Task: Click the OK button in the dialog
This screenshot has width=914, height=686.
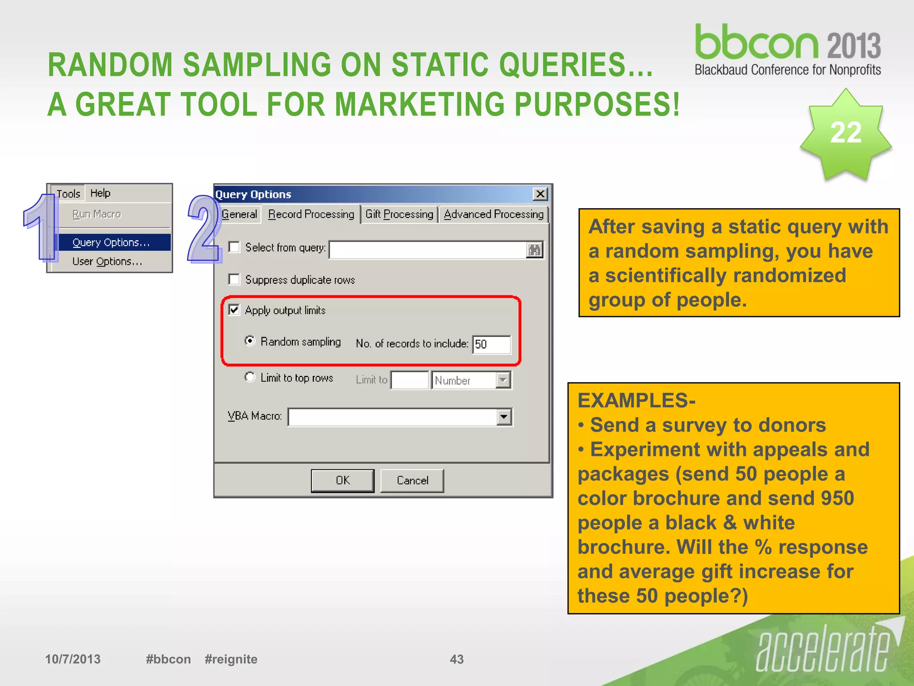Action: pyautogui.click(x=342, y=481)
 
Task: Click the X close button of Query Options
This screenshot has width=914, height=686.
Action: pyautogui.click(x=540, y=194)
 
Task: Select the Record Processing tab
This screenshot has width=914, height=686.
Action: pyautogui.click(x=311, y=214)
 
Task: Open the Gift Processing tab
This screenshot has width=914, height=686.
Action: pyautogui.click(x=399, y=214)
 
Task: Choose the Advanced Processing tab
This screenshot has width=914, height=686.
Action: pyautogui.click(x=494, y=214)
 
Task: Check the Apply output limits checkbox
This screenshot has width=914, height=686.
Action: pyautogui.click(x=234, y=310)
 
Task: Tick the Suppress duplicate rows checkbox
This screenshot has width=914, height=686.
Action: pyautogui.click(x=234, y=280)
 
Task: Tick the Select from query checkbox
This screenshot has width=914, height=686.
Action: pyautogui.click(x=234, y=247)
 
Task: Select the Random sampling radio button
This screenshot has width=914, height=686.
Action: pyautogui.click(x=250, y=341)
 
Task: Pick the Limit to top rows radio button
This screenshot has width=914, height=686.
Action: pyautogui.click(x=250, y=377)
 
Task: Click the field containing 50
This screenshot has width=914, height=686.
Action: pyautogui.click(x=491, y=344)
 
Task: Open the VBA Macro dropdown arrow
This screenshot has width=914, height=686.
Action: pyautogui.click(x=504, y=417)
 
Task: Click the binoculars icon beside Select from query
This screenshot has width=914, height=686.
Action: pyautogui.click(x=534, y=250)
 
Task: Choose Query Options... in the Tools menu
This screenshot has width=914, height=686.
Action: pyautogui.click(x=111, y=243)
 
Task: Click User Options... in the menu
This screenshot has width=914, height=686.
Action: pyautogui.click(x=107, y=261)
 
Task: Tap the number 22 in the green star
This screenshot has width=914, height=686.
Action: pyautogui.click(x=846, y=133)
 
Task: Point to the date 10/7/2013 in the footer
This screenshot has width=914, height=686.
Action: pyautogui.click(x=73, y=659)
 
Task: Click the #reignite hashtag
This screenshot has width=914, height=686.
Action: pyautogui.click(x=231, y=659)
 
